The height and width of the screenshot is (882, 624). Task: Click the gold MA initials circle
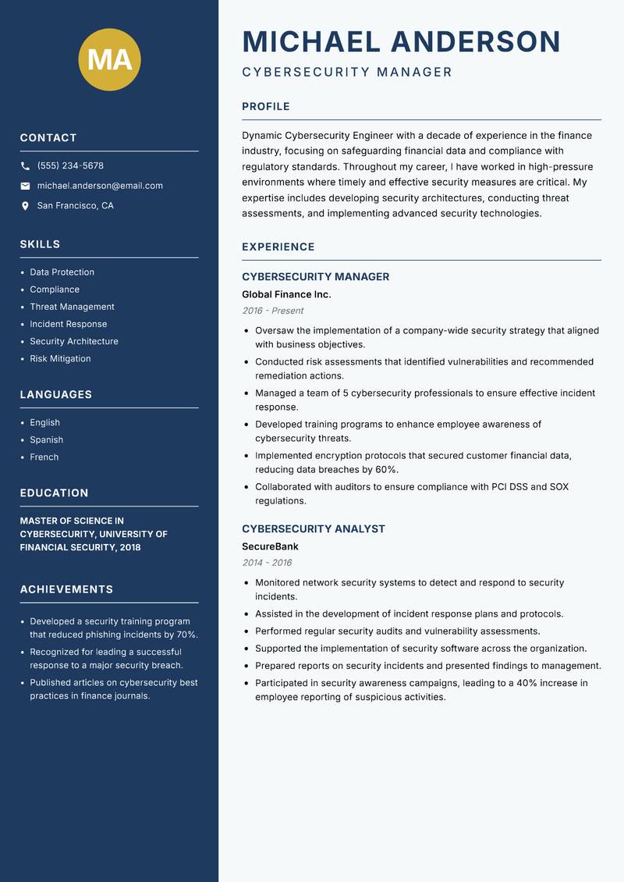(110, 59)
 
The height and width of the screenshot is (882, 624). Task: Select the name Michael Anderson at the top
(401, 41)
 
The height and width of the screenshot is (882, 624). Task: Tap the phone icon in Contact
(25, 166)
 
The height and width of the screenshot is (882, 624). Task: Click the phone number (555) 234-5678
(70, 165)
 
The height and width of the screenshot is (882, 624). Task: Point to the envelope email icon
(25, 186)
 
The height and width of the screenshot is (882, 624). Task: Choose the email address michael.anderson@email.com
(100, 186)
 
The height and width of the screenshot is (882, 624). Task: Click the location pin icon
(25, 206)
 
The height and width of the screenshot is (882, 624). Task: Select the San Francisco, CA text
(75, 205)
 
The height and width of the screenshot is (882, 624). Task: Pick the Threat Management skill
(72, 307)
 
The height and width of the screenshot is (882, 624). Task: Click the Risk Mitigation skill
(60, 358)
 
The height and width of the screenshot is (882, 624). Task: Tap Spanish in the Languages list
(46, 439)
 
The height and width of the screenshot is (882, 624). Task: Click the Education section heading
(54, 493)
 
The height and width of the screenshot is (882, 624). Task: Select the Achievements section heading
(66, 589)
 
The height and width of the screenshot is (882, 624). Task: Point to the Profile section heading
(265, 106)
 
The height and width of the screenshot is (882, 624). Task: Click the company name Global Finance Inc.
(286, 294)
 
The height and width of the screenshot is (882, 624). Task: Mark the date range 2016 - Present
(272, 311)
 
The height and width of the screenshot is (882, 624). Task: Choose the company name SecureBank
(270, 546)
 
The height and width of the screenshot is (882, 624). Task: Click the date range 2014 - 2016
(267, 563)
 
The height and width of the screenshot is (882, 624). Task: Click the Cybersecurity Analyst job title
(314, 528)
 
